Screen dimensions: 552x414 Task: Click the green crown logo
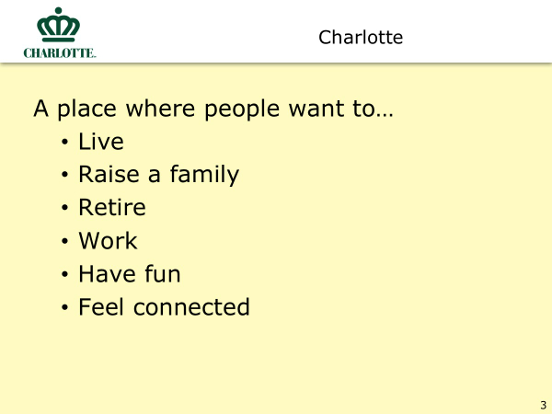(59, 25)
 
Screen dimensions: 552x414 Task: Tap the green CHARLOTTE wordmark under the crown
(60, 53)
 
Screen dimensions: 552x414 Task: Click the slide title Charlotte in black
(361, 38)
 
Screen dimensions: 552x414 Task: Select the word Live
(101, 142)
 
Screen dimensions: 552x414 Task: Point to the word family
(204, 175)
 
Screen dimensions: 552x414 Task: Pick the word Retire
(112, 207)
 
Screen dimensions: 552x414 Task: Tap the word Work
(108, 241)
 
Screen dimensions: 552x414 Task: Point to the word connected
(191, 307)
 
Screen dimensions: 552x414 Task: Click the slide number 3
(543, 405)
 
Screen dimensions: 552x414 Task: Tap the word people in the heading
(242, 109)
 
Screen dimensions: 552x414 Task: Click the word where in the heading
(160, 108)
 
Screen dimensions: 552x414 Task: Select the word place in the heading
(86, 109)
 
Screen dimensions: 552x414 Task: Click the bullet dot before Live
(64, 143)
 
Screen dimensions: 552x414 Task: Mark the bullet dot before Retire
(64, 208)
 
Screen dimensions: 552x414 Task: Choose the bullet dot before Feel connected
(64, 307)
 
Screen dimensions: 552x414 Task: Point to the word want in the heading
(316, 109)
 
